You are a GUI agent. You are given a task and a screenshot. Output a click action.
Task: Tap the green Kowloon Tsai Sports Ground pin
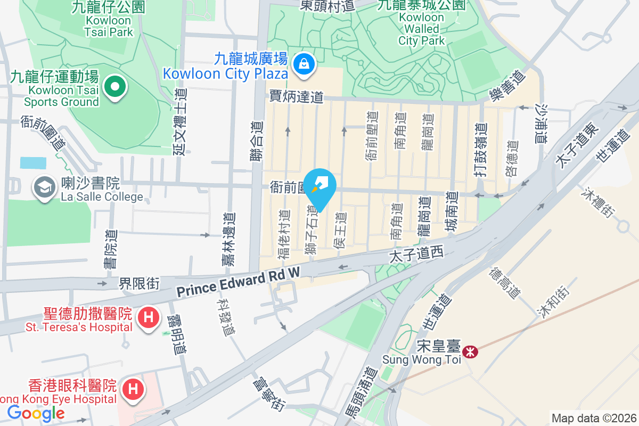coord(114,87)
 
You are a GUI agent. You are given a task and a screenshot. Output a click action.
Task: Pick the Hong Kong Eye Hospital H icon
coord(133,389)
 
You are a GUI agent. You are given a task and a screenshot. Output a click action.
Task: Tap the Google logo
coord(36,413)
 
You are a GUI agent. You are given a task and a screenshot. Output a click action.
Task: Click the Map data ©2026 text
coord(593,419)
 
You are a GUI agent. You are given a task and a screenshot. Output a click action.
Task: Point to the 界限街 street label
coord(139,283)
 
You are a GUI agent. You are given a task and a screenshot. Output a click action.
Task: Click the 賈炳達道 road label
coord(297,96)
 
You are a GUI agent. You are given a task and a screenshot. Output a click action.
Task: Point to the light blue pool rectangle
coord(34,162)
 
